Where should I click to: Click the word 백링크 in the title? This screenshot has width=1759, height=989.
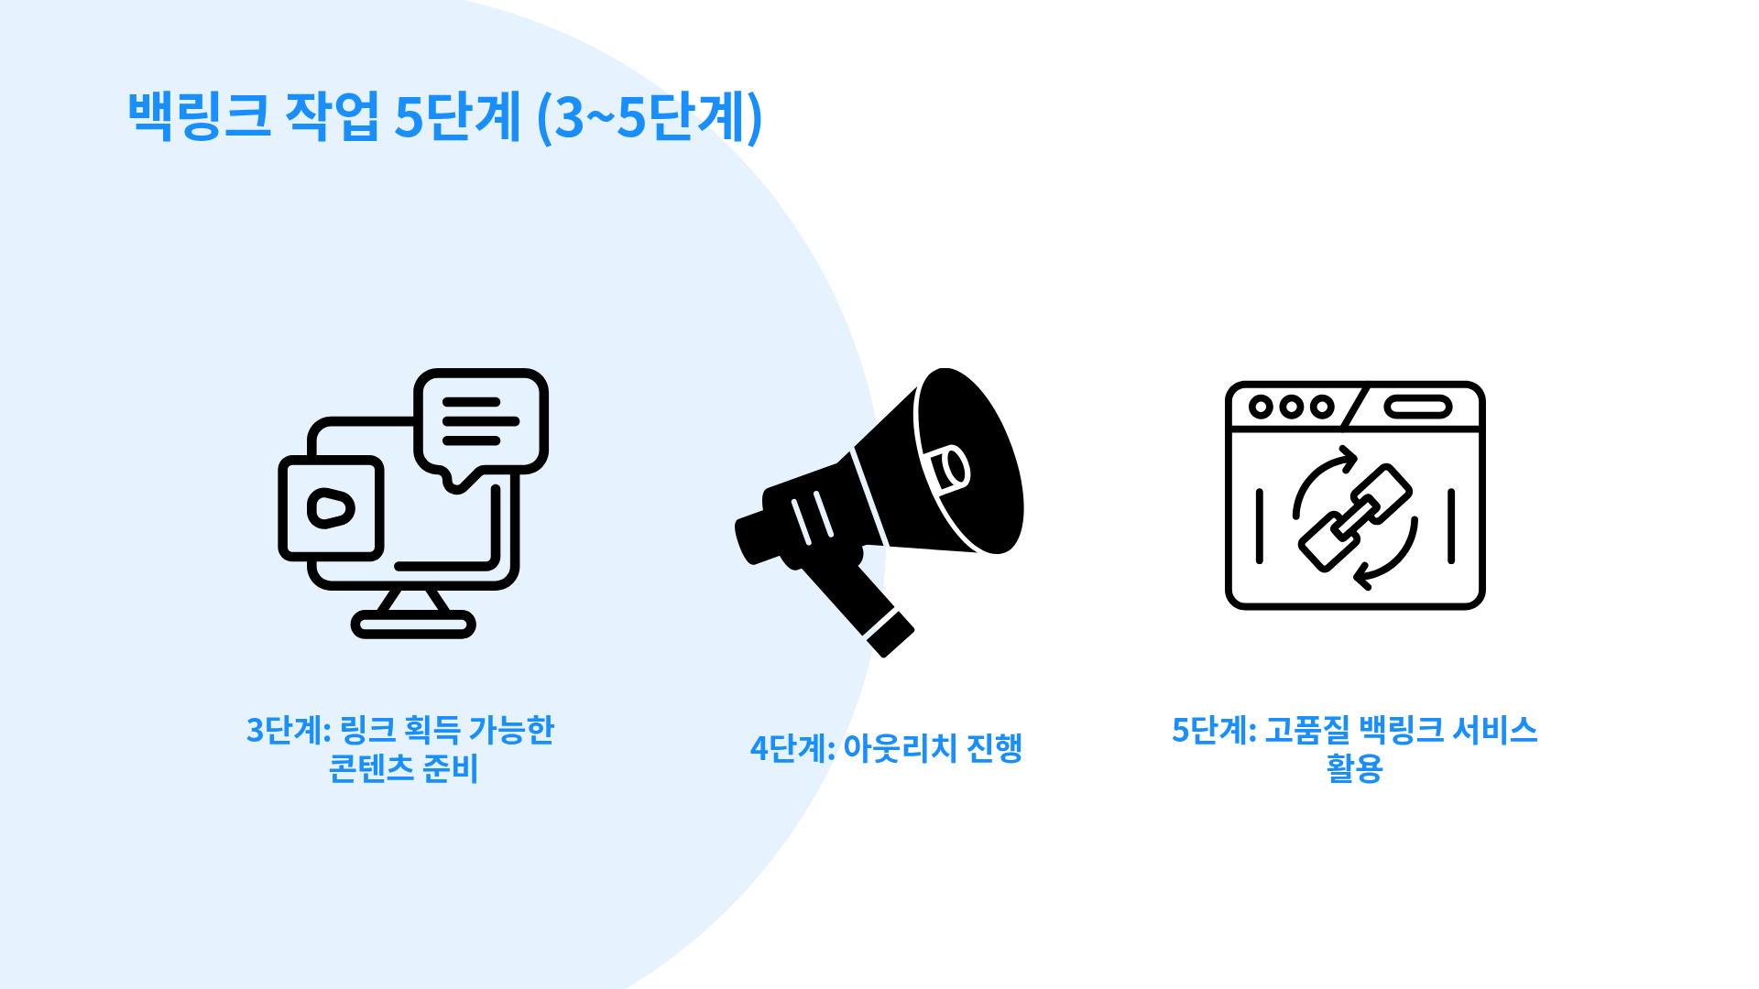(x=199, y=116)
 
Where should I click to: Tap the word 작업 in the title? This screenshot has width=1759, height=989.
(x=332, y=116)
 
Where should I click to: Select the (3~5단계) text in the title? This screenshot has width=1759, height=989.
(x=649, y=117)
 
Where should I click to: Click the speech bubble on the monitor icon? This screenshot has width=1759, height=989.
(x=481, y=421)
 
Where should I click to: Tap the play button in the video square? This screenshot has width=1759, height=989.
(x=330, y=508)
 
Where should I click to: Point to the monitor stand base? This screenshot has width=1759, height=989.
(x=413, y=625)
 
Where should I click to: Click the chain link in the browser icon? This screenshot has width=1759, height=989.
(x=1355, y=517)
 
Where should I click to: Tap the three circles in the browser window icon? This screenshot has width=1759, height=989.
(x=1291, y=406)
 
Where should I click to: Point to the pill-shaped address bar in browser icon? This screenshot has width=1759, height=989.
(x=1417, y=407)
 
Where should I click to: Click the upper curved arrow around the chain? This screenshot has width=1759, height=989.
(x=1320, y=476)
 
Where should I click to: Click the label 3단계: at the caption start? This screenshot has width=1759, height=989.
(x=288, y=731)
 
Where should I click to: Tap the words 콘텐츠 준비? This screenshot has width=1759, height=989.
(x=403, y=768)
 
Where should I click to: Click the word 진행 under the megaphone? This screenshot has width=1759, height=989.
(x=994, y=749)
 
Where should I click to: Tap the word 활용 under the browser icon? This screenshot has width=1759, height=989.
(x=1354, y=768)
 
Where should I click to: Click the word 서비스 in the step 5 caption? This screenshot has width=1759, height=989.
(x=1494, y=731)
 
